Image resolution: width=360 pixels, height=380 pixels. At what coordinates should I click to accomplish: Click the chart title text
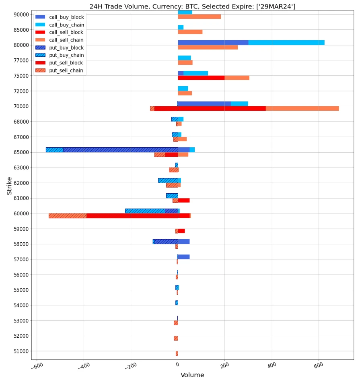[192, 6]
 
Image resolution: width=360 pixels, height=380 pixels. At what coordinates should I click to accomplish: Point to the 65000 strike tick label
[21, 153]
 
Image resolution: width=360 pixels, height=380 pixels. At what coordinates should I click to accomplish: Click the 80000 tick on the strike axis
[21, 45]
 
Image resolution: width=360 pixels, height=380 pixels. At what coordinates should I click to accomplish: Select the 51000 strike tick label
[21, 351]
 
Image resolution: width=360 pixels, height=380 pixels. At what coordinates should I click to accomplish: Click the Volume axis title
[192, 375]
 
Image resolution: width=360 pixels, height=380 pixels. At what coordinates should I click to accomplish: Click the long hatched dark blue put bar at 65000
[121, 150]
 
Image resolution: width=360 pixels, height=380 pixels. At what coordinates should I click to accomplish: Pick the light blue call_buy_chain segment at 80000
[286, 43]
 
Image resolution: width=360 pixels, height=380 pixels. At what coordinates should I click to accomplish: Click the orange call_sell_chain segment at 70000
[302, 108]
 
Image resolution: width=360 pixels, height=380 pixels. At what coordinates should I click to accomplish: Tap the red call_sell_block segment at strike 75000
[201, 78]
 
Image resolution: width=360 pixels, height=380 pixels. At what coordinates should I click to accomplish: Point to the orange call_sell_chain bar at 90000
[199, 17]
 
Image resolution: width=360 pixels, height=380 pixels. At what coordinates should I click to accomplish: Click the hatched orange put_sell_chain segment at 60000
[68, 216]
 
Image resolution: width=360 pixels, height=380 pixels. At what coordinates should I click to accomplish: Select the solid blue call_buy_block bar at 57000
[184, 257]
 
